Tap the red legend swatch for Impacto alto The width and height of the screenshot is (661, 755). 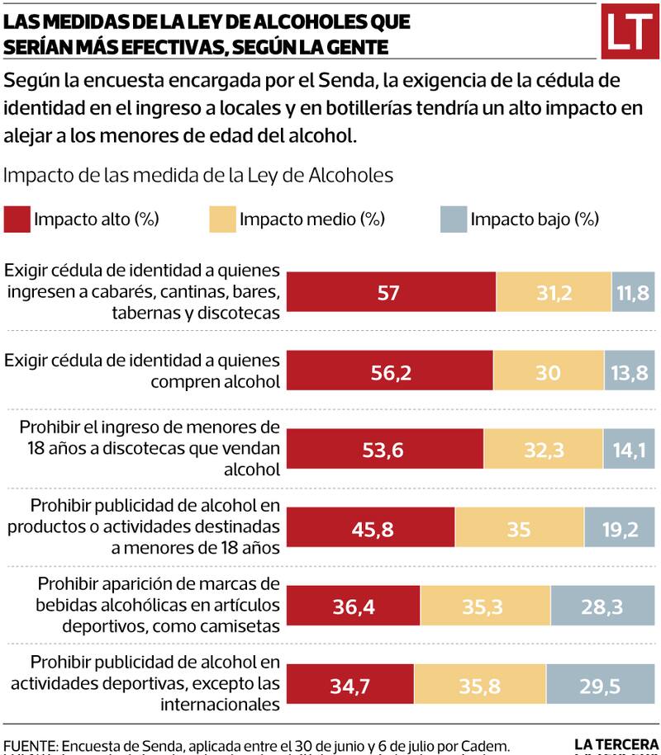(17, 219)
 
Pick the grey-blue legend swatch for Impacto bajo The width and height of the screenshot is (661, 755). (454, 219)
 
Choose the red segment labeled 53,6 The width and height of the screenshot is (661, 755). (388, 451)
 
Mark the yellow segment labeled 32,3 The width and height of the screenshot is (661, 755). (543, 451)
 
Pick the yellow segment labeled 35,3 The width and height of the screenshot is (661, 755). (485, 607)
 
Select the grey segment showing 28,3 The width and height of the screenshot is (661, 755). (605, 607)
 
